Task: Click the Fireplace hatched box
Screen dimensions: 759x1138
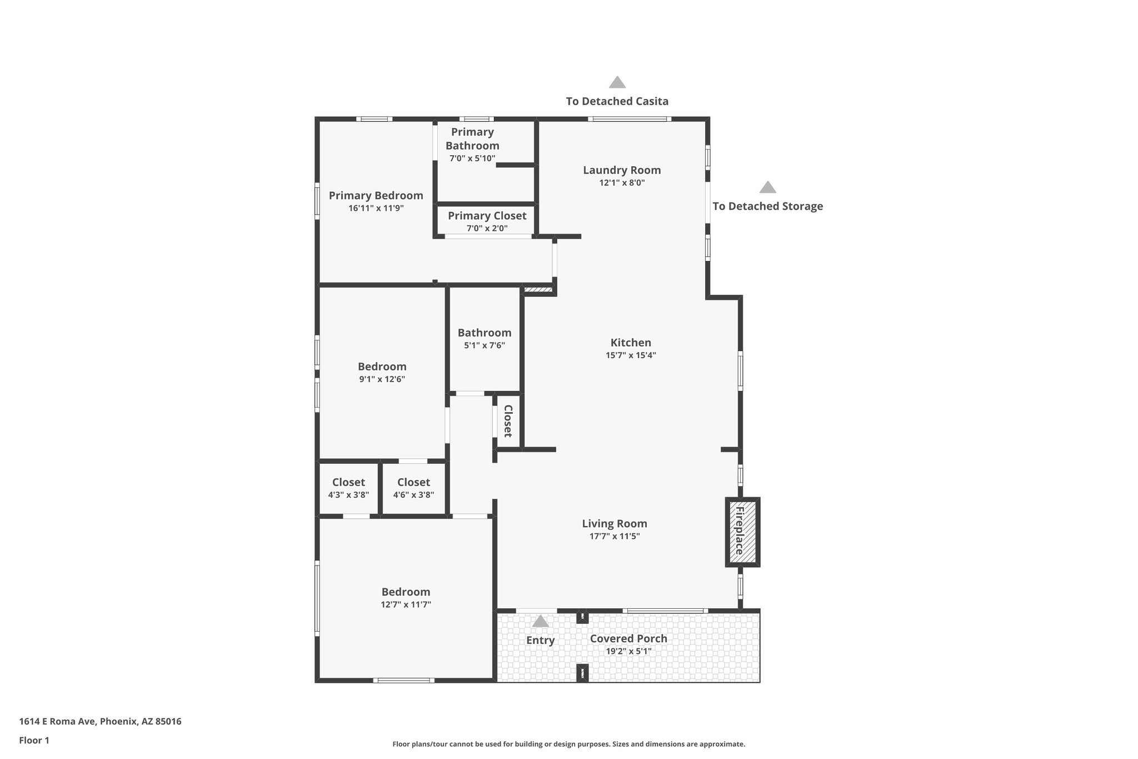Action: pyautogui.click(x=742, y=532)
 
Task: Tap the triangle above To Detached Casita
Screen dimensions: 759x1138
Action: pyautogui.click(x=617, y=83)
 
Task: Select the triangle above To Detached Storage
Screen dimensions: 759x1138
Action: pyautogui.click(x=767, y=187)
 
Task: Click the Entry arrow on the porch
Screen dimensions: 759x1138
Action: pyautogui.click(x=540, y=621)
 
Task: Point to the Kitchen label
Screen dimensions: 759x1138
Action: pyautogui.click(x=631, y=343)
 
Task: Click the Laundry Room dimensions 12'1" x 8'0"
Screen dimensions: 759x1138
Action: pyautogui.click(x=622, y=183)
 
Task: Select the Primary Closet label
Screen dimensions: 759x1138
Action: pyautogui.click(x=487, y=216)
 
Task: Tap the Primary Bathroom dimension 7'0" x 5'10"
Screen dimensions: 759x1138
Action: pyautogui.click(x=472, y=158)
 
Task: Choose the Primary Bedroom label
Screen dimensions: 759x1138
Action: pyautogui.click(x=376, y=196)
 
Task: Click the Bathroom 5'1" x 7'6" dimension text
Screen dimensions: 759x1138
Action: pyautogui.click(x=485, y=345)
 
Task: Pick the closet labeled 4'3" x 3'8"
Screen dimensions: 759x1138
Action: pyautogui.click(x=348, y=488)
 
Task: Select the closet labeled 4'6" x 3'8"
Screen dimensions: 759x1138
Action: pyautogui.click(x=413, y=488)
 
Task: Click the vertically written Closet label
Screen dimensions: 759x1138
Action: pyautogui.click(x=508, y=421)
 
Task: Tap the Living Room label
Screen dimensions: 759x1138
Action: pyautogui.click(x=615, y=523)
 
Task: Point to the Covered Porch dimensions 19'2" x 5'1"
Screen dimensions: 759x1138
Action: pyautogui.click(x=628, y=651)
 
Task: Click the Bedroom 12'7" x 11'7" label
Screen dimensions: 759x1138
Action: pyautogui.click(x=406, y=592)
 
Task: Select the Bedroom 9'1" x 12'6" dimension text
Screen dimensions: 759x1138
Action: pyautogui.click(x=382, y=379)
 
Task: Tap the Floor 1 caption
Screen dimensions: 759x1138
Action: pyautogui.click(x=34, y=740)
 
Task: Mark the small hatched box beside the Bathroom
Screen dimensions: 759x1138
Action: pyautogui.click(x=538, y=290)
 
